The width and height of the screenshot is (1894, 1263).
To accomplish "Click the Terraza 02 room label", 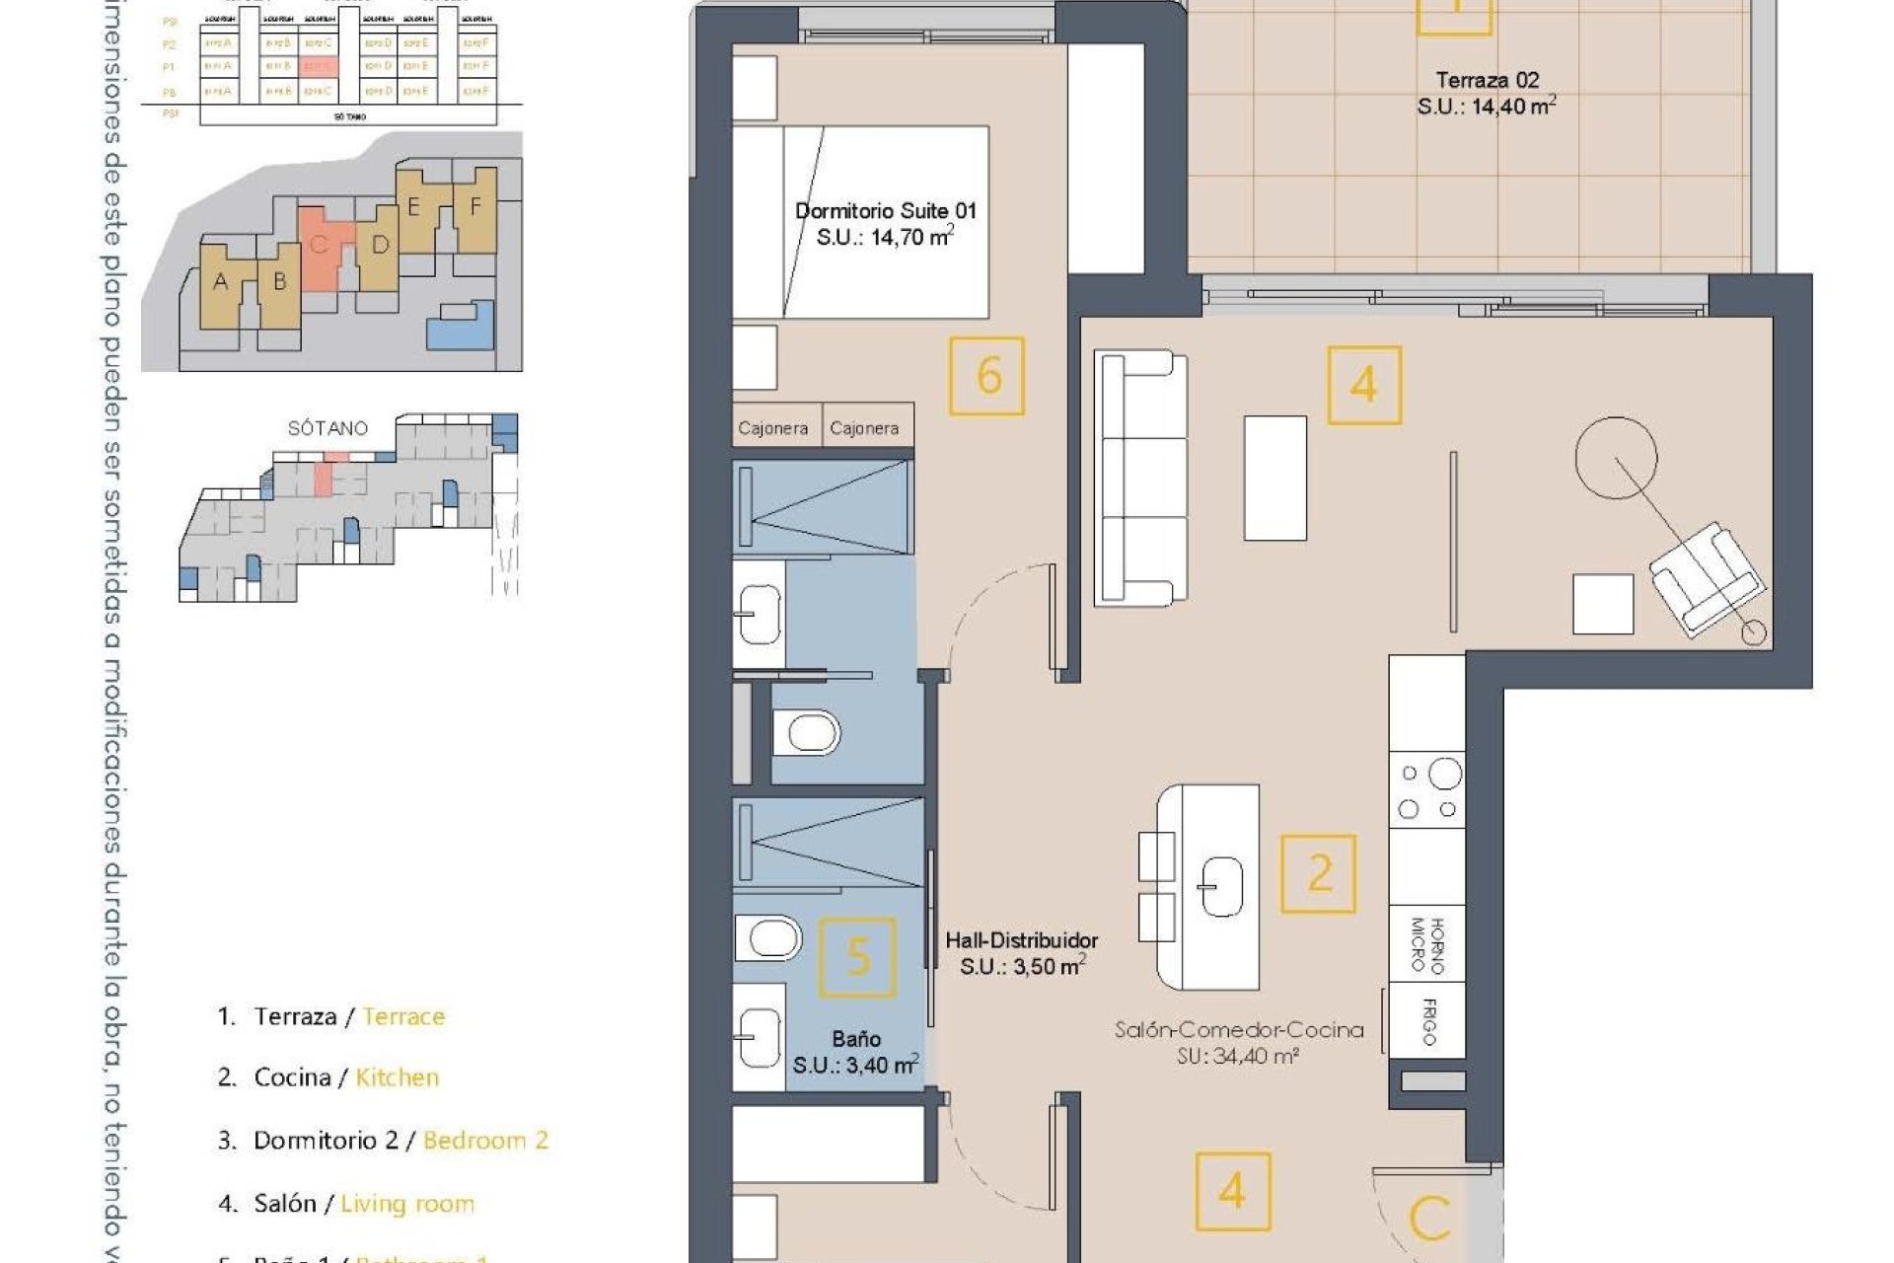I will point(1487,81).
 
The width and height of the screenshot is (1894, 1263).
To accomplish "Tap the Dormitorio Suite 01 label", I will point(885,211).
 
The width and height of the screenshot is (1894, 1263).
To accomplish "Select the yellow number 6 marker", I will point(987,376).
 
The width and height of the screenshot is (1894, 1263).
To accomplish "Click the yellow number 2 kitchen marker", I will point(1319,874).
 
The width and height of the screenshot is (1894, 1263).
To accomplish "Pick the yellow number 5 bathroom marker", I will point(858,957).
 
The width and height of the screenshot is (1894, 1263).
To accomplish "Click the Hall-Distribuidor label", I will point(1021,940).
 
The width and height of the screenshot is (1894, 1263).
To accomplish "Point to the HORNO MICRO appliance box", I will point(1426,945).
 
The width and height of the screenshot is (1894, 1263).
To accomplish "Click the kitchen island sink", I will point(1220,886).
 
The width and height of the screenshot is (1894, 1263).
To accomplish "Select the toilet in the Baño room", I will point(769,938).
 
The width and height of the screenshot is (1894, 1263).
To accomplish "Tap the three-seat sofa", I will point(1142,478).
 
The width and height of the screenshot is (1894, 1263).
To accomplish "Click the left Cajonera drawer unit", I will point(774,428).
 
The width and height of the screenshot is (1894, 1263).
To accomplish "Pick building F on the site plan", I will point(475,207).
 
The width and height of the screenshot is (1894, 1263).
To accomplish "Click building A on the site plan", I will point(221,283).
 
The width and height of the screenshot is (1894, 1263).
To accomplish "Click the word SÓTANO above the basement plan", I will point(328,428).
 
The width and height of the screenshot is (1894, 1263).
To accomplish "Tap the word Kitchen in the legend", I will point(397,1077).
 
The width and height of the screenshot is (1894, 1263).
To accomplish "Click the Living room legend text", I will point(407,1204).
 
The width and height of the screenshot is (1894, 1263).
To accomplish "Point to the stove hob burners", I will point(1426,790).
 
